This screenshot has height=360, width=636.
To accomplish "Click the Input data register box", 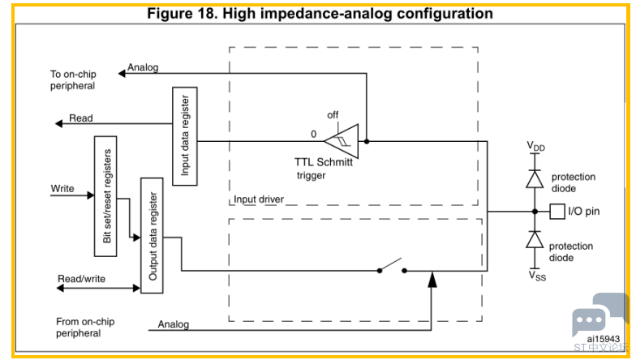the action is [185, 136].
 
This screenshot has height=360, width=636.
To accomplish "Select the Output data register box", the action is [153, 235].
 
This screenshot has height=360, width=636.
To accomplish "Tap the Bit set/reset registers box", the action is [105, 196].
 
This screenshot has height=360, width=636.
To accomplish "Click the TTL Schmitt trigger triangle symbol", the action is [342, 141].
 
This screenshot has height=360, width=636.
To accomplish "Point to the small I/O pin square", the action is [557, 211].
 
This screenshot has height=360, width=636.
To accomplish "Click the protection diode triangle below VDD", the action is [535, 178].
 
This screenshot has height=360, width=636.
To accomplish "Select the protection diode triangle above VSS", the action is [535, 239].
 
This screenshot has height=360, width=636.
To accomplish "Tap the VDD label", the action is [535, 146].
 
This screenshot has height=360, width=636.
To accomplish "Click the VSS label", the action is [537, 276].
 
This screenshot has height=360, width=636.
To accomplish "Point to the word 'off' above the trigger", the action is [333, 115].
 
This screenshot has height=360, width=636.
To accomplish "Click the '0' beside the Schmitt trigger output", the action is [313, 134].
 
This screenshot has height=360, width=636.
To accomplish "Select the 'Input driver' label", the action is [259, 199].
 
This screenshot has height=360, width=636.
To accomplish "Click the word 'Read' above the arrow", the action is [81, 118].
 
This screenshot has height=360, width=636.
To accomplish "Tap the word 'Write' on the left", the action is [62, 188].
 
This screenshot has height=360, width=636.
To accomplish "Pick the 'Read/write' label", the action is [81, 279].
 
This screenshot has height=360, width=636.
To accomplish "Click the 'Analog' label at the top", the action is [143, 67].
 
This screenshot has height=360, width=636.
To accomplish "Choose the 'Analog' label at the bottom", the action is [174, 324].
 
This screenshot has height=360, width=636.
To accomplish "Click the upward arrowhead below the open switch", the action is [432, 280].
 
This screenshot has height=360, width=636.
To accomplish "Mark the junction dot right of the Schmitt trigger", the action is [367, 141].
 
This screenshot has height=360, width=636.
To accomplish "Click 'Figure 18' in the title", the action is [183, 13].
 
